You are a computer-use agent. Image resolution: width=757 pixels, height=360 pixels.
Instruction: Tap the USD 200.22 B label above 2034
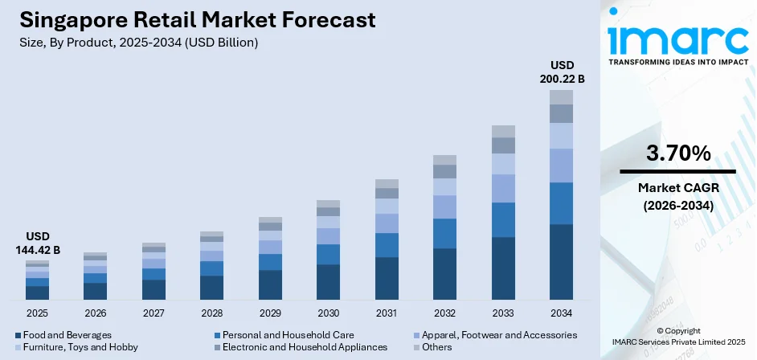tap(561, 72)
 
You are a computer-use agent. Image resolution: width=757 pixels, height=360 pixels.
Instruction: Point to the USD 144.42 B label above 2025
tap(37, 244)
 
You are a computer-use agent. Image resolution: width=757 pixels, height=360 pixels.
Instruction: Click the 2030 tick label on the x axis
tap(328, 313)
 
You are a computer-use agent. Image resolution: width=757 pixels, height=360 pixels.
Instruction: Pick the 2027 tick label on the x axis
tap(153, 313)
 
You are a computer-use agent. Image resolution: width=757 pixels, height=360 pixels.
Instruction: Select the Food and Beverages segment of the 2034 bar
tap(561, 261)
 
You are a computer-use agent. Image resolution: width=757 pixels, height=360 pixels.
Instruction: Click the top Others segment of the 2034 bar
tap(561, 97)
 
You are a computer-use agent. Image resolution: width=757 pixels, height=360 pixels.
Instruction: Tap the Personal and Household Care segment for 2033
tap(503, 219)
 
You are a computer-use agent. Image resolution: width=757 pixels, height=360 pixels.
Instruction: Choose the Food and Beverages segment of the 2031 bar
tap(387, 278)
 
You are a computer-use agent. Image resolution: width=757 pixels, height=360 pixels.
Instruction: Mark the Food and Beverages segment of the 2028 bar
tap(212, 287)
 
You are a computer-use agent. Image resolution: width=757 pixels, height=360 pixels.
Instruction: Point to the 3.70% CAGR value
tap(677, 153)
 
